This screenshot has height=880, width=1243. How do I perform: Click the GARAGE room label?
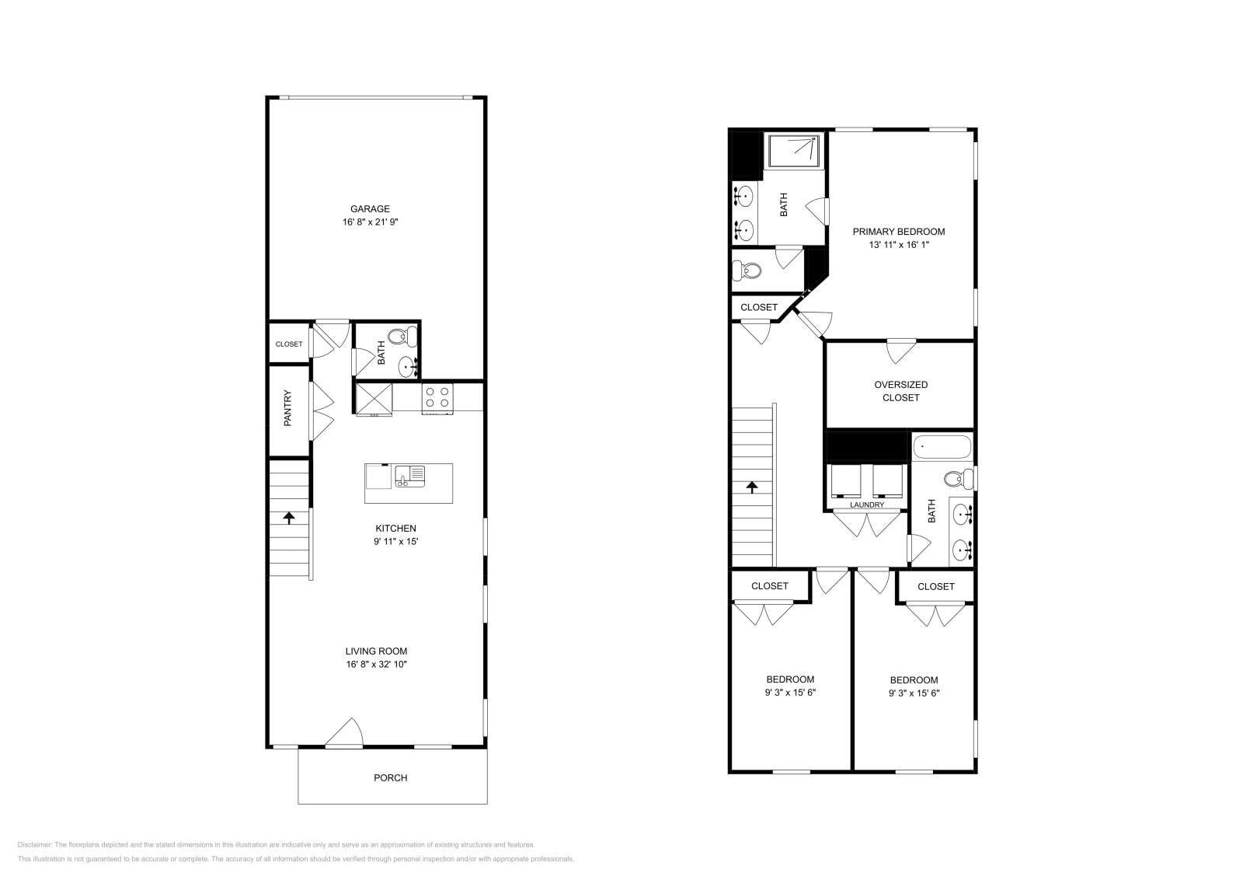(x=370, y=208)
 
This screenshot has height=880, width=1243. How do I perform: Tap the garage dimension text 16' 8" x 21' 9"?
(x=370, y=222)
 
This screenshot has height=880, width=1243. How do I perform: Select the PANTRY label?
(x=287, y=408)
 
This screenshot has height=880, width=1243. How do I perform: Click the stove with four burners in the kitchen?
(x=437, y=398)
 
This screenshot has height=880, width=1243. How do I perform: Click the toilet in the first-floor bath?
(x=401, y=337)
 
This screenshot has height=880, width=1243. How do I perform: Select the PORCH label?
(x=390, y=777)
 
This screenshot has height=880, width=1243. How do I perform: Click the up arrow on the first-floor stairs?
(x=289, y=517)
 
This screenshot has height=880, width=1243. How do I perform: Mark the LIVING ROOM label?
(x=376, y=651)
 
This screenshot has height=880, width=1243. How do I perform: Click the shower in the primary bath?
(x=793, y=152)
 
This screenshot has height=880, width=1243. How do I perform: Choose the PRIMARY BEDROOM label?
(x=898, y=232)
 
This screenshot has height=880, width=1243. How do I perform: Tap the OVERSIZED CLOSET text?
(x=900, y=391)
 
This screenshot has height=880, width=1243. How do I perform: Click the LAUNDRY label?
(x=866, y=505)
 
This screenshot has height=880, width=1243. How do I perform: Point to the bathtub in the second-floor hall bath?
(x=942, y=448)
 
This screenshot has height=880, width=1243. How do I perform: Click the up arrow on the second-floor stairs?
(x=751, y=487)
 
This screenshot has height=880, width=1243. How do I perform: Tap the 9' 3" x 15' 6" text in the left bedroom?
(x=790, y=693)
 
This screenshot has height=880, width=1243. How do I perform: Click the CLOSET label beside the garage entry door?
(x=289, y=344)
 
